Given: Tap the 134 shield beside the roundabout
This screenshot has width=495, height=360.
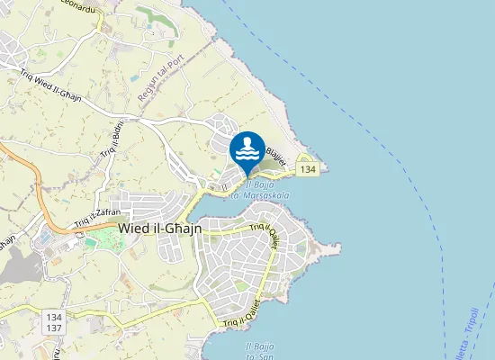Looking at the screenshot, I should [x=309, y=169].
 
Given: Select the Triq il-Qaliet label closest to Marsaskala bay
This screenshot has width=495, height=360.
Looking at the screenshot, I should [x=267, y=235].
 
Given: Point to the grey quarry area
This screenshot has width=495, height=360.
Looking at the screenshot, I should [x=13, y=270].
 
